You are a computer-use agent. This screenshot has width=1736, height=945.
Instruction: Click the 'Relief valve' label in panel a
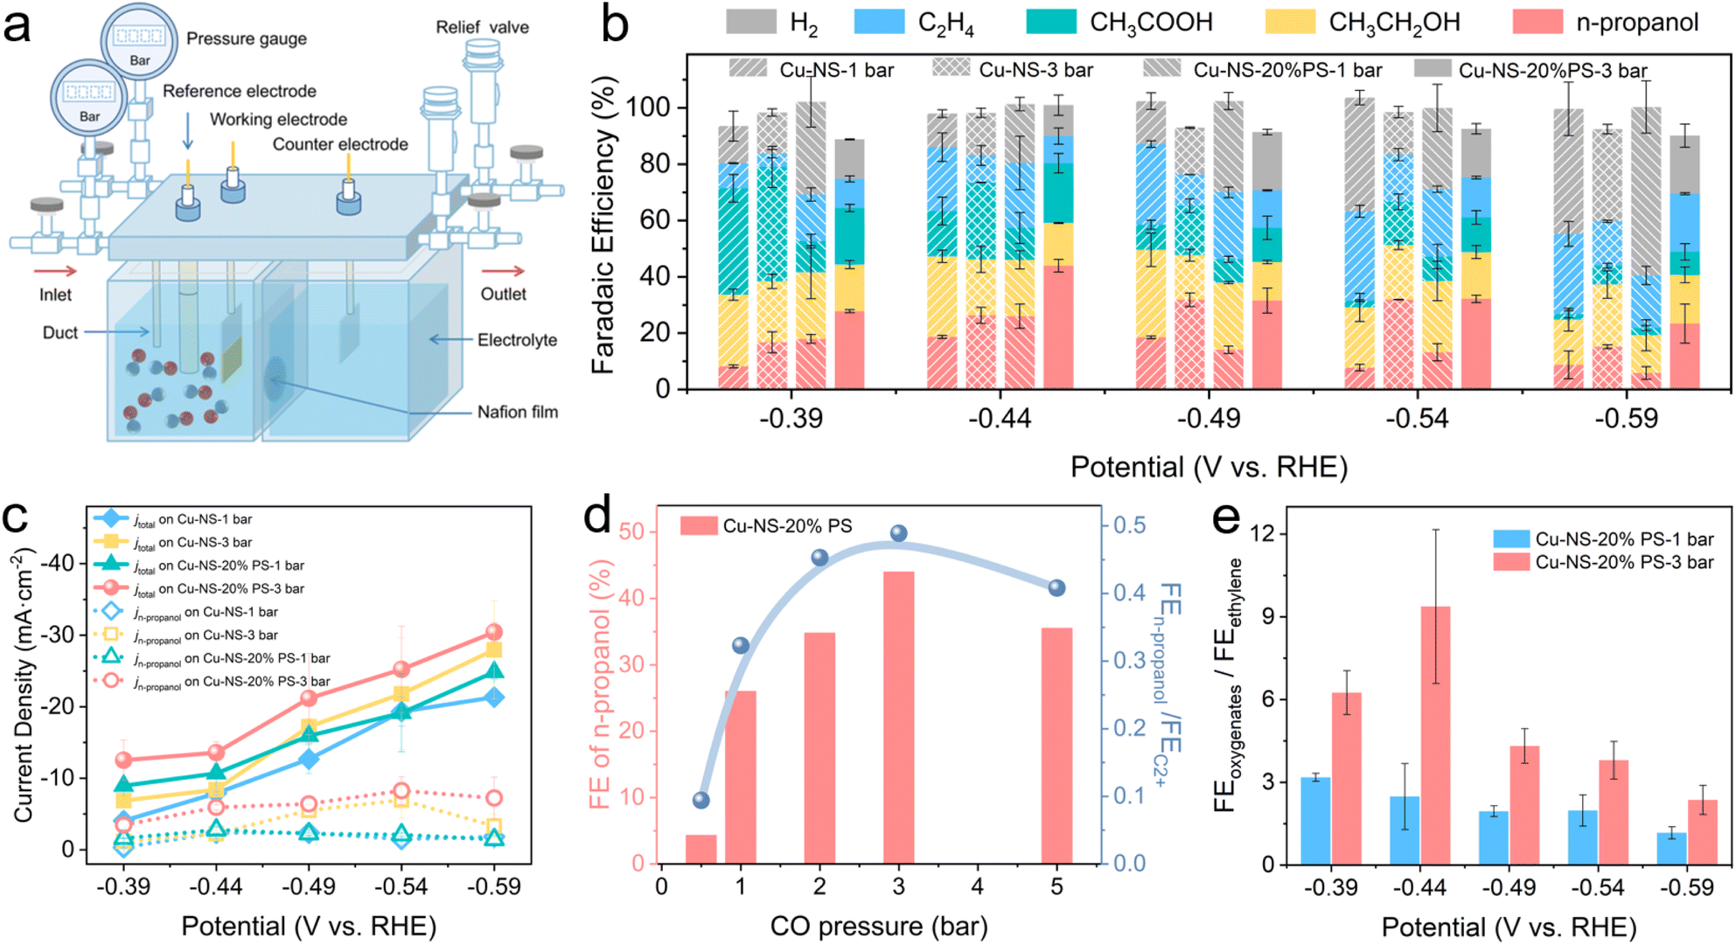pos(482,27)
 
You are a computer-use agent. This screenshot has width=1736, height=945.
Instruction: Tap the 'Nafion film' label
pos(517,412)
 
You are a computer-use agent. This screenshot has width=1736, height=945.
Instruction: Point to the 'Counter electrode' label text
pos(340,144)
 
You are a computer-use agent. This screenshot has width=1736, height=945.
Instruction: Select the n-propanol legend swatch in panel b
pos(1537,22)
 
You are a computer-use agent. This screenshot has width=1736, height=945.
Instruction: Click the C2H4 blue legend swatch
pos(879,22)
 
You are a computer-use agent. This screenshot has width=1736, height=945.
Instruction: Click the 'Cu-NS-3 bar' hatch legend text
pos(1035,70)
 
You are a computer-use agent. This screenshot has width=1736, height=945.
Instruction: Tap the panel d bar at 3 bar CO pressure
pos(898,718)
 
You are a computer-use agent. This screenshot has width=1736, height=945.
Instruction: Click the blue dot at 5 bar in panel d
pos(1056,588)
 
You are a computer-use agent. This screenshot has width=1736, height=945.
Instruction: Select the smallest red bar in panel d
pos(701,849)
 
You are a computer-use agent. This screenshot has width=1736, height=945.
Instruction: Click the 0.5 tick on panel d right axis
pos(1129,525)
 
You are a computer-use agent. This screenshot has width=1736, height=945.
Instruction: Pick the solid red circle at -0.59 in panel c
pos(494,632)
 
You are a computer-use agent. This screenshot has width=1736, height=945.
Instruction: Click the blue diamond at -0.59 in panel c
pos(494,697)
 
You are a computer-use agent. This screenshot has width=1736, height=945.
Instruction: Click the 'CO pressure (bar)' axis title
pos(879,926)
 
